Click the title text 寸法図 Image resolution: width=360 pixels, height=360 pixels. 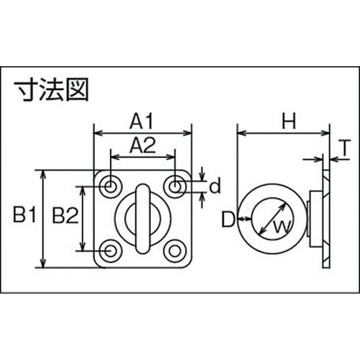(55, 90)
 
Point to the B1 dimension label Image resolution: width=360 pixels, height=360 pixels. (25, 214)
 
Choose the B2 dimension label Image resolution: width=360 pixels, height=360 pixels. (66, 214)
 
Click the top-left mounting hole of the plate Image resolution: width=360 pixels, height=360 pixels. (110, 186)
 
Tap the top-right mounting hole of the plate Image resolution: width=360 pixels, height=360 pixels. (176, 186)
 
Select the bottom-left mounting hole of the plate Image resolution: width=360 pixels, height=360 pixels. (110, 251)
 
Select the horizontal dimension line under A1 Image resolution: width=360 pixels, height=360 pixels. (144, 132)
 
